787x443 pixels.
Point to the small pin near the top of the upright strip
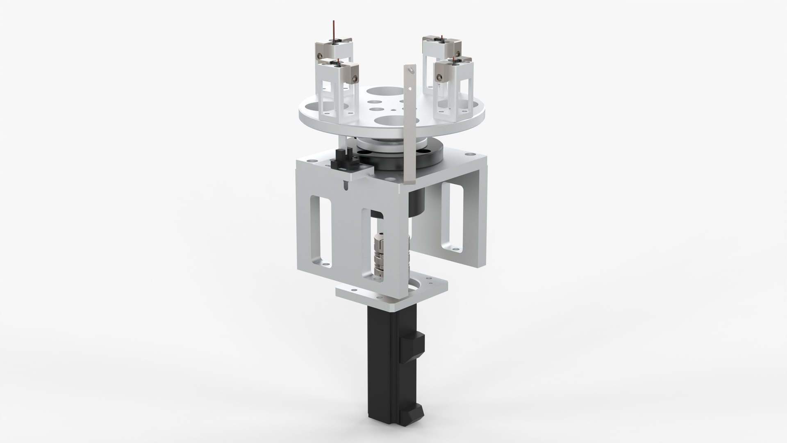pos(411,71)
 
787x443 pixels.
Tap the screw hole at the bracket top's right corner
pos(468,154)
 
